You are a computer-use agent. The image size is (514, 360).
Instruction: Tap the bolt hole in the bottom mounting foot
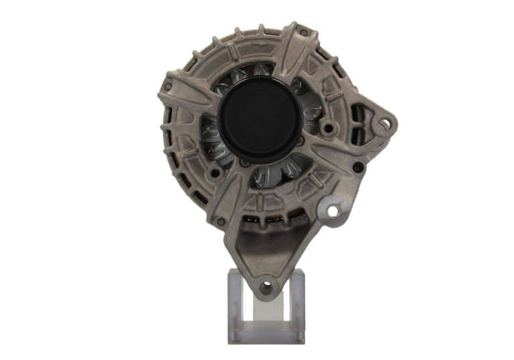tap(266, 288)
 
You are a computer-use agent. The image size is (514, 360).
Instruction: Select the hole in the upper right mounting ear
tap(385, 123)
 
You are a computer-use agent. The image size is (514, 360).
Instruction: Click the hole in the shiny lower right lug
tap(331, 211)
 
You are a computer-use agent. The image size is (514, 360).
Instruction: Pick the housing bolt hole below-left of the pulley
tap(215, 173)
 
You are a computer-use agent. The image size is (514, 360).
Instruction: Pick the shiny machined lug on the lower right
tap(333, 209)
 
